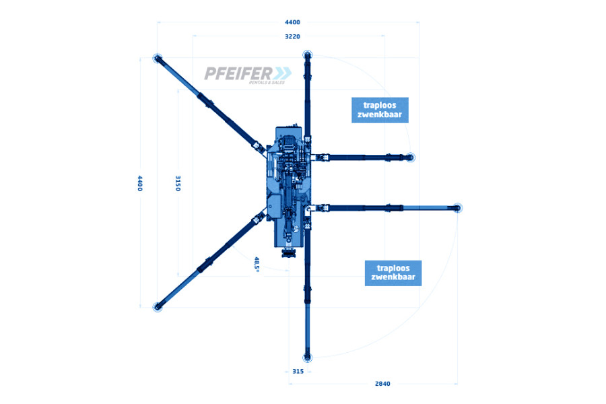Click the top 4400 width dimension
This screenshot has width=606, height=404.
pos(292,22)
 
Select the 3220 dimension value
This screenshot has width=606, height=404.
pos(292,37)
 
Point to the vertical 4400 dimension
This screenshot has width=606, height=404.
pos(140,183)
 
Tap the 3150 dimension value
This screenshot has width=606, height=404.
pos(178,183)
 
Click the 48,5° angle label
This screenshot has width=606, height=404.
pos(257,265)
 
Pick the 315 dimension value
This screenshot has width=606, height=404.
pos(298,372)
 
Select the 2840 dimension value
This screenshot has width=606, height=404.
pos(382,384)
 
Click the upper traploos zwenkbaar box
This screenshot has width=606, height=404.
pos(380,110)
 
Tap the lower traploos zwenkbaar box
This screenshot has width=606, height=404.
pos(393,273)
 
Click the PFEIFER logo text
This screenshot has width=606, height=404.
pos(238,73)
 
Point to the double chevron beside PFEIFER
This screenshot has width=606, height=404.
pos(283,73)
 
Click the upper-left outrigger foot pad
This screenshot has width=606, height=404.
pos(157,59)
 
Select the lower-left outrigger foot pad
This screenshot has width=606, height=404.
pos(157,307)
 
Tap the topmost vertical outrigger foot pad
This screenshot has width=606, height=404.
pos(307,55)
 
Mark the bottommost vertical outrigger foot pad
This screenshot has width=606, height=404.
pos(307,358)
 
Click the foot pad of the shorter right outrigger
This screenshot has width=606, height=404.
pos(411,158)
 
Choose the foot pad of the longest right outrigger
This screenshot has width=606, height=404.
pos(458,208)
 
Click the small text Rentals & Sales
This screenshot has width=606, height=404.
pos(267,82)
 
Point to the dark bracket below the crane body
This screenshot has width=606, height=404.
pos(288,254)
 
